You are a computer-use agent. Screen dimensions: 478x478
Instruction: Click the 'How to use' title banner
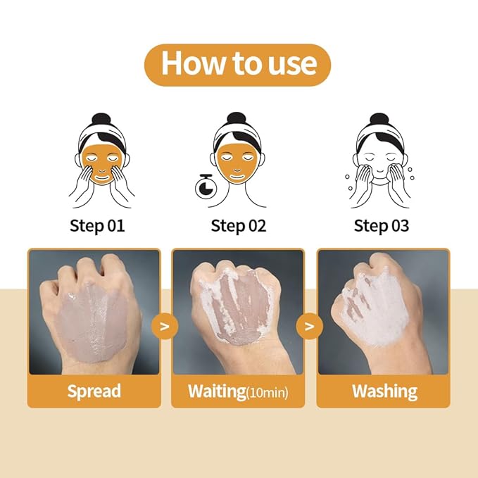click(238, 64)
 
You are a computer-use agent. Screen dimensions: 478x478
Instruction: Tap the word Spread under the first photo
click(94, 391)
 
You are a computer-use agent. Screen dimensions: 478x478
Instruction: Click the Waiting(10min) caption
click(238, 391)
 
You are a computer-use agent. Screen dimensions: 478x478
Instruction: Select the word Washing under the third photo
click(384, 391)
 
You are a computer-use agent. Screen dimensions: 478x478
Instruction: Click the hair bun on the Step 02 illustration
click(239, 118)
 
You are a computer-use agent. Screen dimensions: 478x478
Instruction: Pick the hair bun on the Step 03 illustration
click(380, 118)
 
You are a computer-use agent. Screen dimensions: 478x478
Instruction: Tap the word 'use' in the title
click(287, 64)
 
